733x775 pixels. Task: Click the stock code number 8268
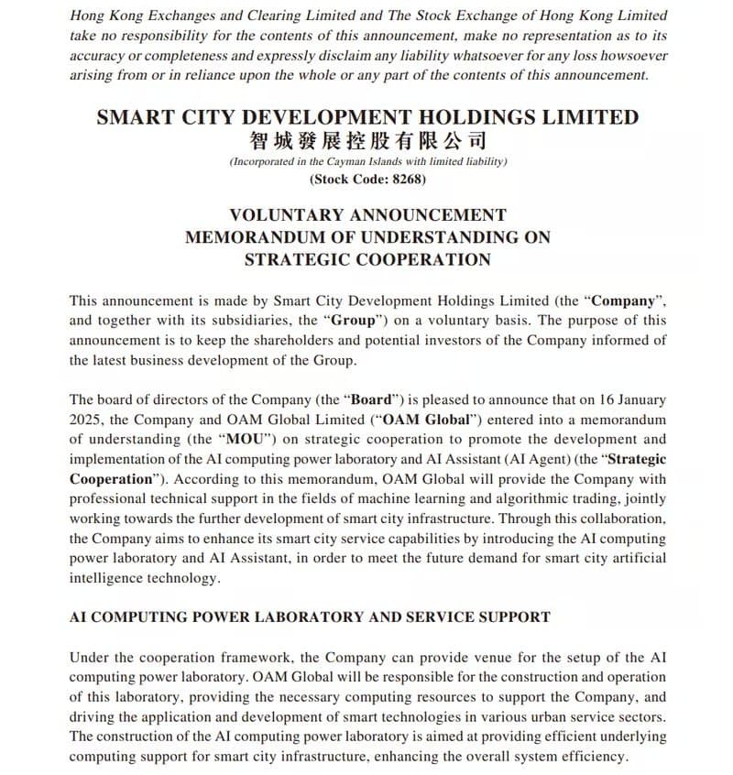point(405,179)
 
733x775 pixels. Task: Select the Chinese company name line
point(367,140)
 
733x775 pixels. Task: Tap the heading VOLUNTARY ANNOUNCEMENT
point(367,215)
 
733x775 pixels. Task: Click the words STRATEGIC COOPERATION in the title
point(367,259)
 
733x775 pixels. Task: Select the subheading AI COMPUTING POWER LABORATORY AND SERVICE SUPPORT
point(310,617)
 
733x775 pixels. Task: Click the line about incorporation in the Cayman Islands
point(367,161)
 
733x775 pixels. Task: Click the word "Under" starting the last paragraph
point(89,657)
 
